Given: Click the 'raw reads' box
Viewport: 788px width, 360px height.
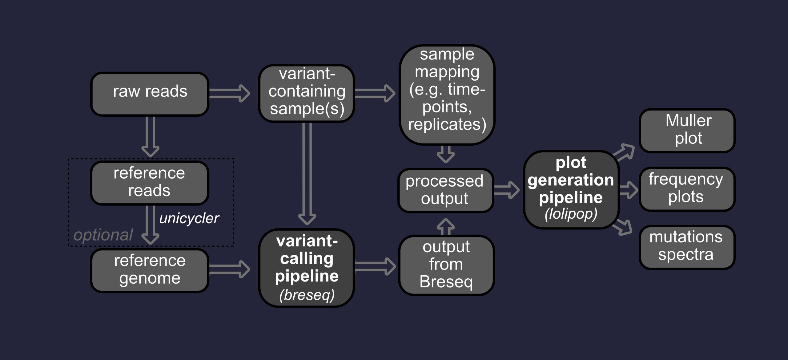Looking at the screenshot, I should tap(150, 94).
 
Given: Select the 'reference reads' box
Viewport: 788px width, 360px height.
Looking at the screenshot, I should tap(150, 183).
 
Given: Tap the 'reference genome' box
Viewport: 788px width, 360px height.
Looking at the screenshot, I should tap(150, 270).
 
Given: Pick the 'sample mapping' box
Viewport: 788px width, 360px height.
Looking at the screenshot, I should tap(447, 94).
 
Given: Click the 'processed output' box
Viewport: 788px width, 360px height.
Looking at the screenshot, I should tap(445, 190).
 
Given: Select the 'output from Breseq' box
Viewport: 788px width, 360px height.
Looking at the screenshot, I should tap(446, 265).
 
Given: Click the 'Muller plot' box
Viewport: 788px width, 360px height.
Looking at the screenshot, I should tap(687, 130).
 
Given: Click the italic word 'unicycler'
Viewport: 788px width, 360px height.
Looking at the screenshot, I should tap(189, 219).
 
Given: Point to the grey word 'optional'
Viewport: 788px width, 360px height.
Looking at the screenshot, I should tap(103, 235).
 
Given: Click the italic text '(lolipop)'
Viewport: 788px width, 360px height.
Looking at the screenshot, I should tap(571, 214).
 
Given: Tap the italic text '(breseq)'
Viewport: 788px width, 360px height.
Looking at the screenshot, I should tap(307, 295).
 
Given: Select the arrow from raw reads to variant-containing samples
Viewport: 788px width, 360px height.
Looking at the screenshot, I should tap(229, 93).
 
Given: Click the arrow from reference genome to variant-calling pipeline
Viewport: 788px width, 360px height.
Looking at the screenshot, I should tap(229, 269).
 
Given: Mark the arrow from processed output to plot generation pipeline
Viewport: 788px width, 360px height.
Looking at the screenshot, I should tap(507, 190).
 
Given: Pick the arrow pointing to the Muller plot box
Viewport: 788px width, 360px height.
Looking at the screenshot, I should tap(624, 152).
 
